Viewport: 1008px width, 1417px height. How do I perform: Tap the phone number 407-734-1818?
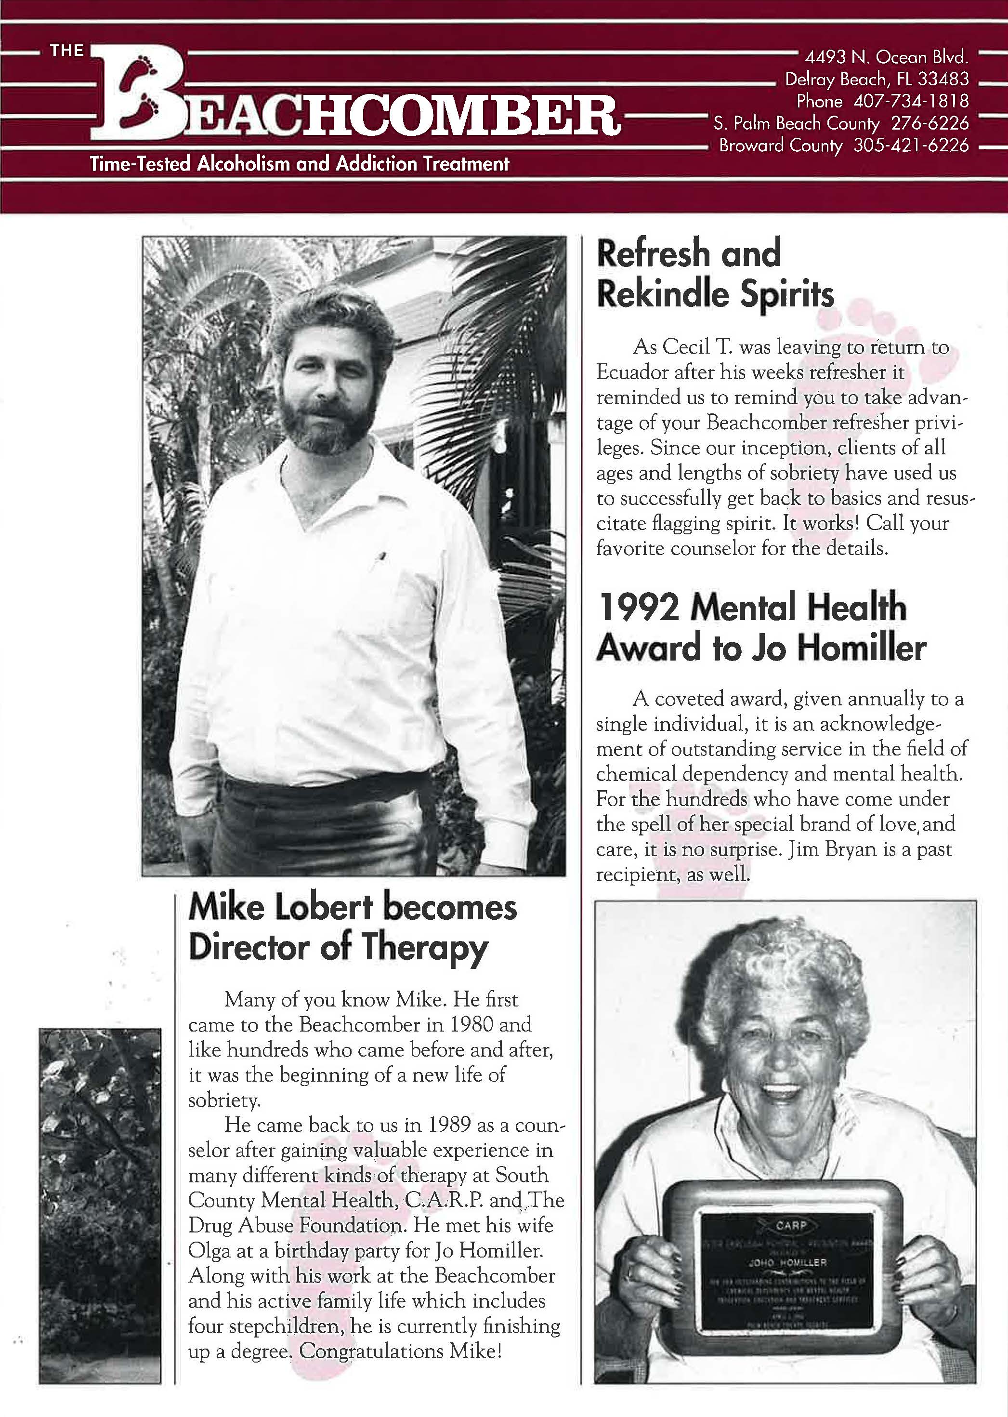tap(911, 101)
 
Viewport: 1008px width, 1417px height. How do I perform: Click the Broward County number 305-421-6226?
tap(911, 146)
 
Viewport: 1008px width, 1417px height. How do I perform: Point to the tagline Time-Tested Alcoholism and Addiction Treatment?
tap(299, 164)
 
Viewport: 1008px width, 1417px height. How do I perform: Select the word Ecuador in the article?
tap(638, 372)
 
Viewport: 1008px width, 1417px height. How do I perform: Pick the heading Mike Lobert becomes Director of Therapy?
tap(352, 927)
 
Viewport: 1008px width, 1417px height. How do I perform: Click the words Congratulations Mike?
tap(400, 1351)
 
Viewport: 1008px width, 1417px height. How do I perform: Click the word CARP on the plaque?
tap(791, 1225)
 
